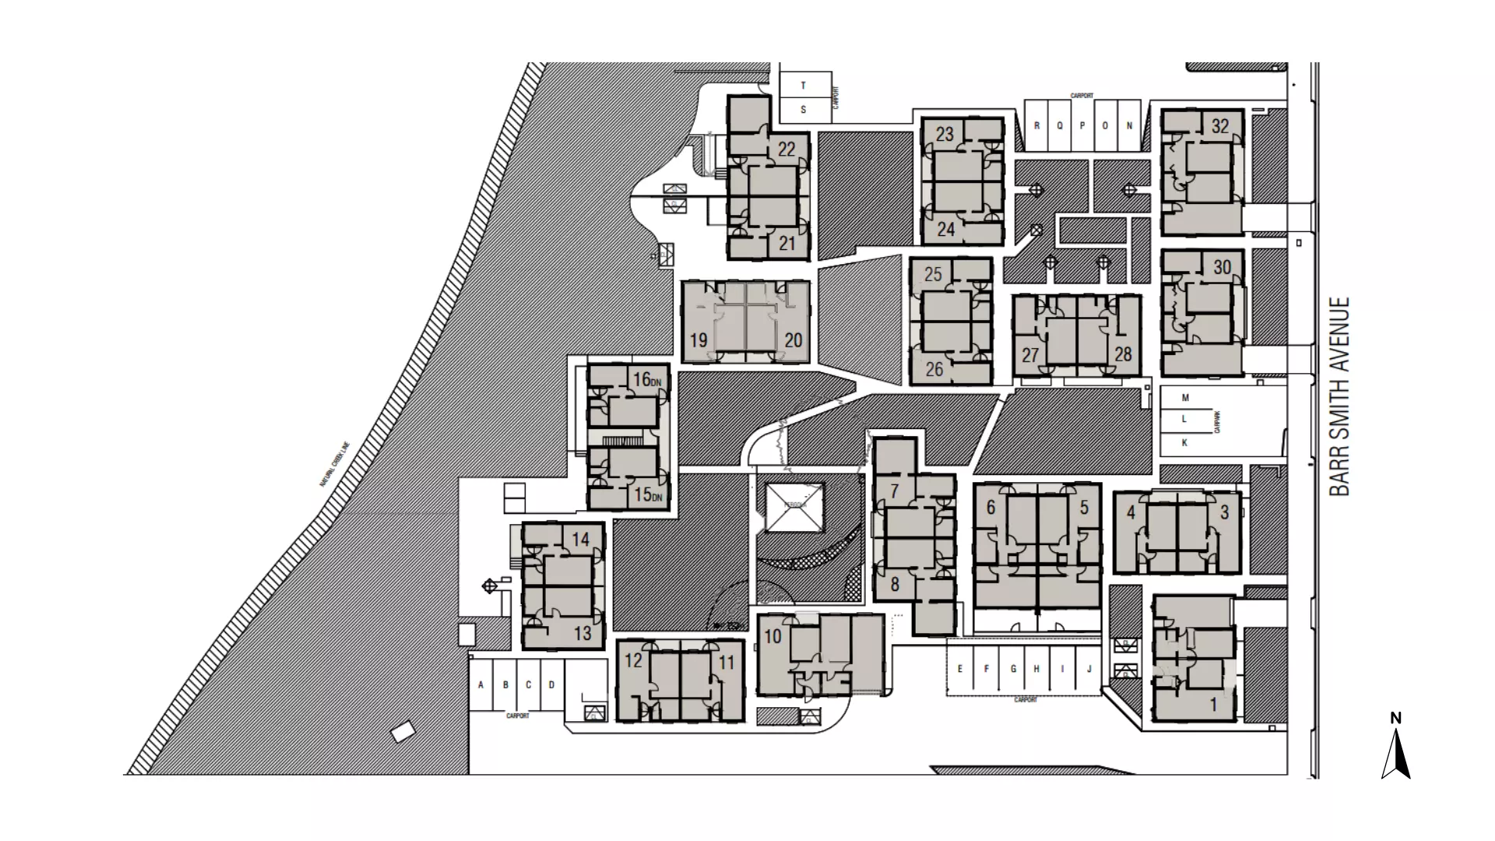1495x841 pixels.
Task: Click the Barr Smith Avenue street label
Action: [1339, 396]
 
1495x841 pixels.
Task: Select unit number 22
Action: [786, 149]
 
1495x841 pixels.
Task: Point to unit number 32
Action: [1220, 126]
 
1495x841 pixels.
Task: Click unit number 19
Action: [698, 340]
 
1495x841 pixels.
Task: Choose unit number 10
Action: [772, 636]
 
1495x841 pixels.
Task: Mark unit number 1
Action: [1212, 706]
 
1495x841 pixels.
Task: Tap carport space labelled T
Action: [803, 86]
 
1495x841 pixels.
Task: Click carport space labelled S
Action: [803, 110]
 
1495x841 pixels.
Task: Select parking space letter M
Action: [1185, 398]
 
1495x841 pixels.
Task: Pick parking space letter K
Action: [1185, 442]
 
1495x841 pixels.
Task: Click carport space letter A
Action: [481, 685]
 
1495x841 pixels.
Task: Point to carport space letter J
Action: [1089, 669]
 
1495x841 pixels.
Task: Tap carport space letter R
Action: [1036, 125]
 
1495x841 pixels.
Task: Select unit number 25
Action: [933, 274]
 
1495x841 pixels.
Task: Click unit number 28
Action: [1122, 354]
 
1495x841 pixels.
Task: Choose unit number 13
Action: [582, 634]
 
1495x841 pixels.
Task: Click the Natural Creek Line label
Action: [336, 465]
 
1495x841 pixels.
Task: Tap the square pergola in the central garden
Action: [794, 507]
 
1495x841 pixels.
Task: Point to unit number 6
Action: [990, 508]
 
